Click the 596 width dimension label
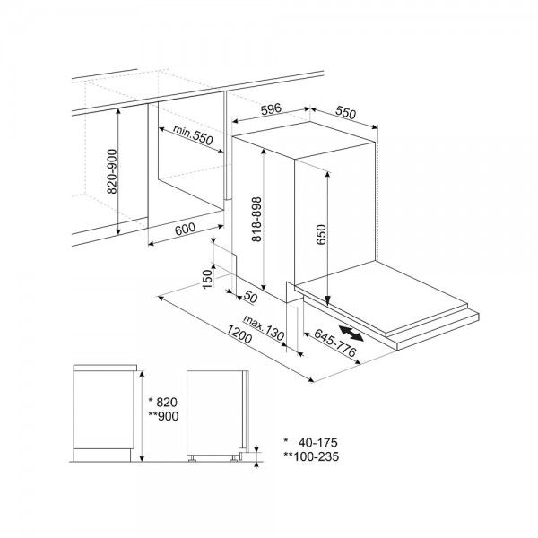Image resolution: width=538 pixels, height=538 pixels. coord(271,109)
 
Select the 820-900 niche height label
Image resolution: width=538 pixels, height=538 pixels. coord(112,171)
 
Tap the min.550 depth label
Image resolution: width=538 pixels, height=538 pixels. coord(193,134)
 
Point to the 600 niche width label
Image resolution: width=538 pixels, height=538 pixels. coord(185,229)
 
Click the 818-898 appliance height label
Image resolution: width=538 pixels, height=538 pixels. coord(256,220)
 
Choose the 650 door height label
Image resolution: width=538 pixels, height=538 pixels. coord(322,234)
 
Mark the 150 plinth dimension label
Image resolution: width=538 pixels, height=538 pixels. coord(207,279)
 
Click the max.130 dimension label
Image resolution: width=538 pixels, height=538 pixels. coord(264,328)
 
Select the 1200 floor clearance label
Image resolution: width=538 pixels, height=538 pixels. coord(239,334)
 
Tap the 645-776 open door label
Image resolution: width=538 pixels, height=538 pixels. coord(335,343)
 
